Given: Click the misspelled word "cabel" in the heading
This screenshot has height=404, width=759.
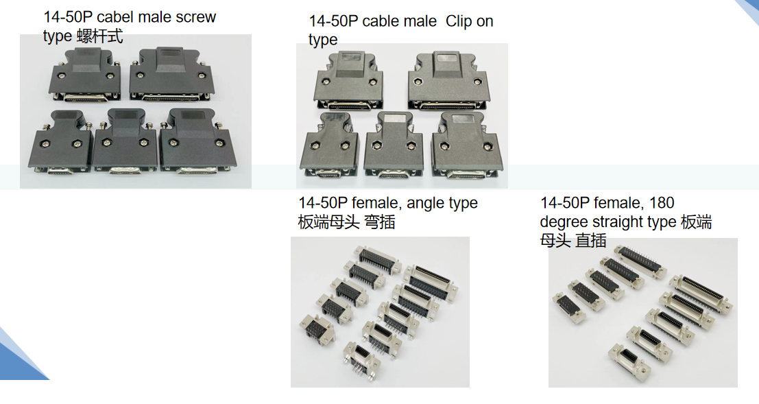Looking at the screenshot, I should [115, 17].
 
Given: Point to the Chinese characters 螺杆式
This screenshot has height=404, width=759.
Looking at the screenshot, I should [100, 36].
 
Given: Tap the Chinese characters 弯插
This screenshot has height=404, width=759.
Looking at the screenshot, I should [378, 222].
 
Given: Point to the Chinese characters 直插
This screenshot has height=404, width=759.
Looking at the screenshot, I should [590, 240].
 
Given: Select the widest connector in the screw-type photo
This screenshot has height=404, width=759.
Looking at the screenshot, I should [169, 75].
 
